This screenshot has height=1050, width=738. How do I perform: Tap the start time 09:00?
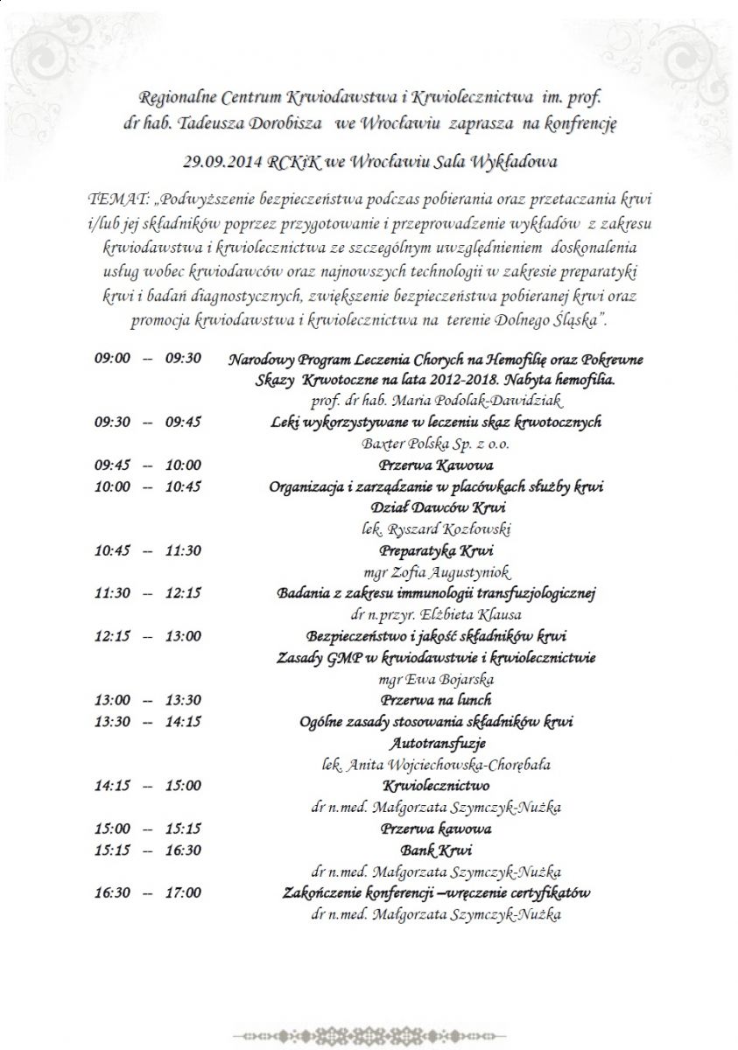click(x=112, y=358)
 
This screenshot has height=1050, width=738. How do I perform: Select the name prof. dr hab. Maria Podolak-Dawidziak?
click(x=436, y=401)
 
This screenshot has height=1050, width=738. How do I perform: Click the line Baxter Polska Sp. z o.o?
click(x=436, y=444)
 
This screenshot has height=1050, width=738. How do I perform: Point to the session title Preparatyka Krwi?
click(x=436, y=550)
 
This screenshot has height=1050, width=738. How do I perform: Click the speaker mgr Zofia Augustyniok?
click(x=436, y=572)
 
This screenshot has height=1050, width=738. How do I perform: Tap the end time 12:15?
click(x=183, y=593)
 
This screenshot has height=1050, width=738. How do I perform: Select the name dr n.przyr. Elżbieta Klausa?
click(x=436, y=615)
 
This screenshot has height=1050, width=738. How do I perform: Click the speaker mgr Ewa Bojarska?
click(x=436, y=679)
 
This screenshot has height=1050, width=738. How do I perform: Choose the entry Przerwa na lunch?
click(x=436, y=700)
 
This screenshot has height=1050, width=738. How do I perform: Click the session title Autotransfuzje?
click(x=436, y=743)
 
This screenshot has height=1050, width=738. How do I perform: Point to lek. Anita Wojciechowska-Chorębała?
click(x=436, y=765)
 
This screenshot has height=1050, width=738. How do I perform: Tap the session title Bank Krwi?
click(x=436, y=850)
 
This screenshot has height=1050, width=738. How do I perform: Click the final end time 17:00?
click(x=183, y=893)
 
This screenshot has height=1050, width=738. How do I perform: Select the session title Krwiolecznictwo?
click(x=436, y=786)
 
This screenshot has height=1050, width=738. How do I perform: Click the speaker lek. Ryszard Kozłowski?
click(x=436, y=529)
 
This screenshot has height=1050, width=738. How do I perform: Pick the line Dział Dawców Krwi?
click(x=436, y=507)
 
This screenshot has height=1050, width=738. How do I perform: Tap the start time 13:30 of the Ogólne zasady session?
click(x=112, y=722)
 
